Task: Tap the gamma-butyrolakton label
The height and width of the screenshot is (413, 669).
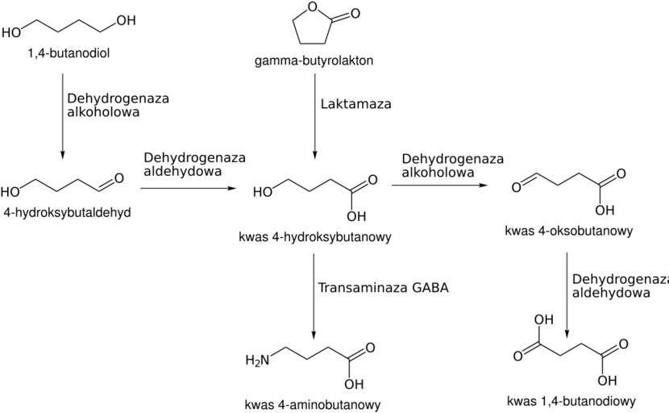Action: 313,60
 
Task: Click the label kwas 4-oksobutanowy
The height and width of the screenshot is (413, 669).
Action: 568,231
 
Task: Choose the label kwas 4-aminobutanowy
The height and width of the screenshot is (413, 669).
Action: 313,404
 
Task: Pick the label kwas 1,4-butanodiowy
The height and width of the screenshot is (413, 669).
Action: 571,401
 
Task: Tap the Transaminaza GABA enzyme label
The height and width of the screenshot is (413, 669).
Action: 382,287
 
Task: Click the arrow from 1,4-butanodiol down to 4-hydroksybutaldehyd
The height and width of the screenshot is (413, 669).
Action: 63,113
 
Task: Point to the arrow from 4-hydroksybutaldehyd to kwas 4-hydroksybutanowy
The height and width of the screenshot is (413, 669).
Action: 189,188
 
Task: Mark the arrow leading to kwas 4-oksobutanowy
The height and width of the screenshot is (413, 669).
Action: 439,186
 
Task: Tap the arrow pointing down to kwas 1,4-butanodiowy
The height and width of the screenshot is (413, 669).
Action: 567,295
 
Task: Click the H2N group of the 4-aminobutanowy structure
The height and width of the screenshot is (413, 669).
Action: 257,360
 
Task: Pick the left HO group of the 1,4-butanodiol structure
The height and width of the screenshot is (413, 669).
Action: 12,33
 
